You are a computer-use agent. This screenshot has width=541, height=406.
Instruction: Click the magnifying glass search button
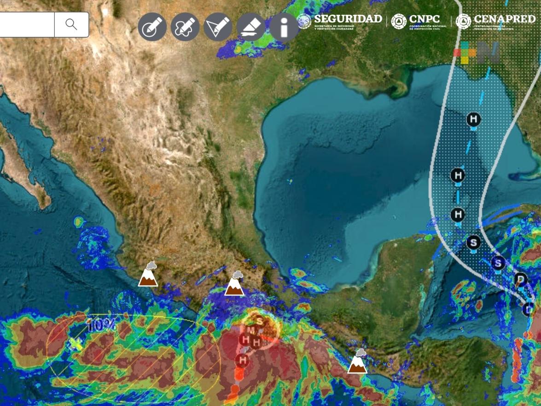pyautogui.click(x=71, y=24)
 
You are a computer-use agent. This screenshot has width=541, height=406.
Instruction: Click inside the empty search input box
pyautogui.click(x=27, y=24)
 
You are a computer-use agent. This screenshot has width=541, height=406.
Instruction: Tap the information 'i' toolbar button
pyautogui.click(x=284, y=27)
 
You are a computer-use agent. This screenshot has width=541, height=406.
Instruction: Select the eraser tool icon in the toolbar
pyautogui.click(x=251, y=27)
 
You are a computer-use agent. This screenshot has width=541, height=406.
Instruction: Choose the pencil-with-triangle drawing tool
pyautogui.click(x=218, y=27)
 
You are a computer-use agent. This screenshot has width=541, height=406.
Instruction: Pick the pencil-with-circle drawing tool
pyautogui.click(x=152, y=27)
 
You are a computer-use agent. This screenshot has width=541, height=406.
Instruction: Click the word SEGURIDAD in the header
pyautogui.click(x=348, y=19)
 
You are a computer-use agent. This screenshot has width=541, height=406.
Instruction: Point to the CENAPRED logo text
pyautogui.click(x=504, y=19)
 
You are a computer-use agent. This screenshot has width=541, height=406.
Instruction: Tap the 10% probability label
pyautogui.click(x=101, y=325)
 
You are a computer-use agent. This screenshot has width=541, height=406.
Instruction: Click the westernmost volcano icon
pyautogui.click(x=148, y=275)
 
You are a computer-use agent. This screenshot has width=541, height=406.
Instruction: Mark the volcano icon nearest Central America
pyautogui.click(x=357, y=362)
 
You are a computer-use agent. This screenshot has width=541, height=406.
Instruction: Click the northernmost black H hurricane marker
pyautogui.click(x=473, y=119)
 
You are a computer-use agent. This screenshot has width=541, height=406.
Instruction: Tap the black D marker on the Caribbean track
pyautogui.click(x=521, y=279)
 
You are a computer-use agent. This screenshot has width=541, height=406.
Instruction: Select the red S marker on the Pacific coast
pyautogui.click(x=259, y=321)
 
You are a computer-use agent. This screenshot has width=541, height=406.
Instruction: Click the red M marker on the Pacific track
pyautogui.click(x=250, y=330)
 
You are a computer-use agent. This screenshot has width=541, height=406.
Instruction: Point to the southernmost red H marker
pyautogui.click(x=242, y=360)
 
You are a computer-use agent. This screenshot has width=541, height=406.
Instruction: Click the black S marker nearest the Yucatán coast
pyautogui.click(x=473, y=242)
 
